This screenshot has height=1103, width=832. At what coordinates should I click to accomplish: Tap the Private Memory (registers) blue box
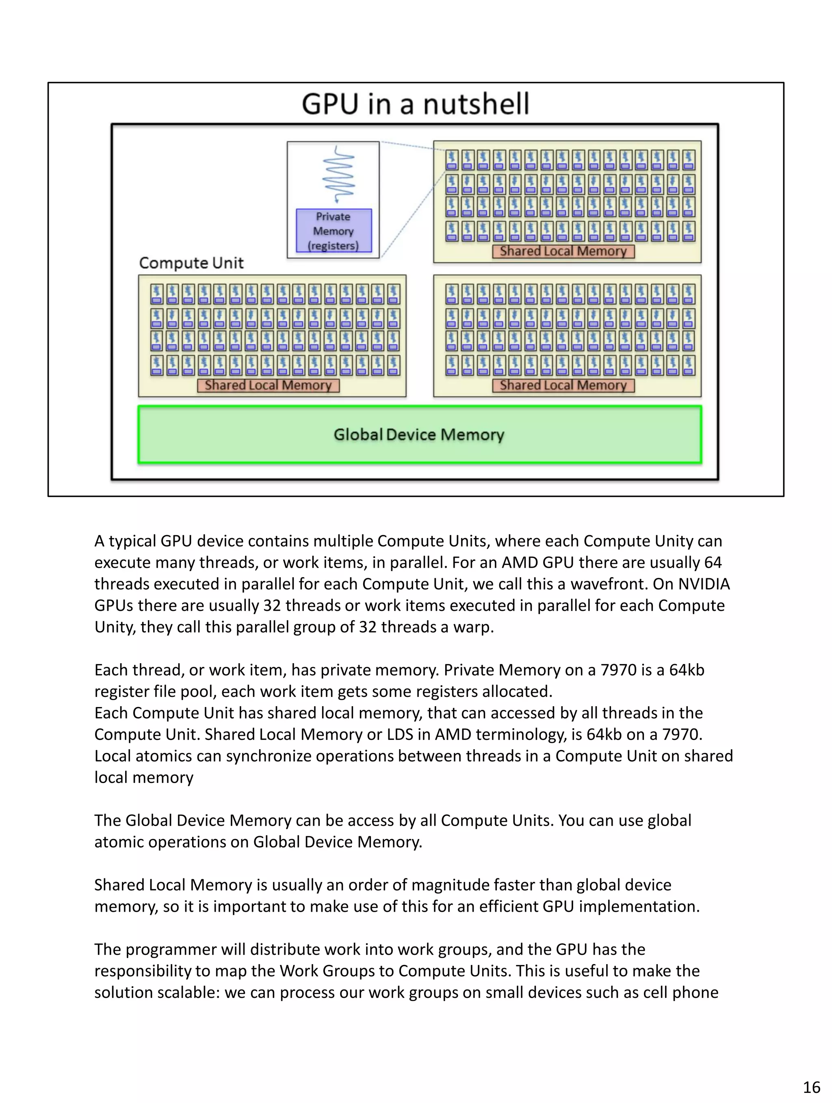pyautogui.click(x=333, y=231)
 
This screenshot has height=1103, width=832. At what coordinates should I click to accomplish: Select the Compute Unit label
pyautogui.click(x=191, y=263)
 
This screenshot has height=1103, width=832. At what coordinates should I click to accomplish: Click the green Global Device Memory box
pyautogui.click(x=419, y=434)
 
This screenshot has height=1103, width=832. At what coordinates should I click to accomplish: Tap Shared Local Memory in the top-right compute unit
pyautogui.click(x=563, y=251)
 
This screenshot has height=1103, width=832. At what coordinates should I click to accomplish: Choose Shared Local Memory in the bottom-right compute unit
pyautogui.click(x=563, y=385)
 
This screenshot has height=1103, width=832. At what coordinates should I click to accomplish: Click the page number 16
pyautogui.click(x=811, y=1087)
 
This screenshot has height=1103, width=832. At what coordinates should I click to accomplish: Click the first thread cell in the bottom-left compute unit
pyautogui.click(x=157, y=294)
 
